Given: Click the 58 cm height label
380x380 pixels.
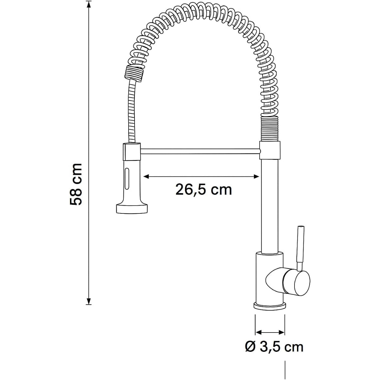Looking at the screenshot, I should tap(76, 184).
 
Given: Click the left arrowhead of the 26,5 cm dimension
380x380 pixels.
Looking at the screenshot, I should tap(146, 177).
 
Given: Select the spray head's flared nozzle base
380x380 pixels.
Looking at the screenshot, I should tap(131, 208).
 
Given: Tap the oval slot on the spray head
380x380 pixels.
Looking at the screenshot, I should tap(127, 178).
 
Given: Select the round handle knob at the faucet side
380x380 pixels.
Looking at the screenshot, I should tap(296, 283).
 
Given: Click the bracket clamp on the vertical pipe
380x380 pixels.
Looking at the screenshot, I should tap(270, 150).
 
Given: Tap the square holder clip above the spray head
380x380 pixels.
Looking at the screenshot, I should tap(131, 151).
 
